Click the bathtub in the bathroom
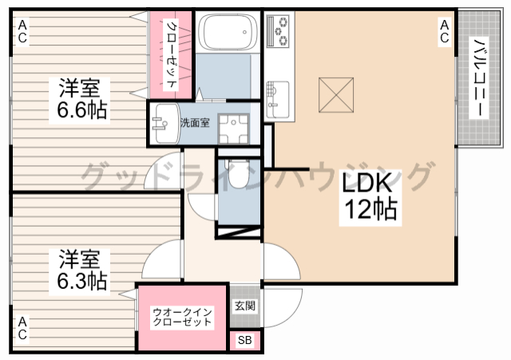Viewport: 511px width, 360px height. (228, 32)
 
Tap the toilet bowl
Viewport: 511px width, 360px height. (238, 173)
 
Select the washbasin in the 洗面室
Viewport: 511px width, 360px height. (167, 123)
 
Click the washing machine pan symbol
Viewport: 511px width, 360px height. (233, 129)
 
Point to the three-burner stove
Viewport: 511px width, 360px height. (278, 30)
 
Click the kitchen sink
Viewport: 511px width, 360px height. (277, 99)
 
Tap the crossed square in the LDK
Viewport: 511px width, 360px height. (336, 95)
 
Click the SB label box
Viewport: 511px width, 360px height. (245, 341)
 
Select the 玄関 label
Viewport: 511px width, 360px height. (245, 306)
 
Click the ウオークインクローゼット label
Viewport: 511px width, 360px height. (182, 317)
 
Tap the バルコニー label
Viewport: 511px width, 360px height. (477, 78)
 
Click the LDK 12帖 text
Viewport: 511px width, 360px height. (370, 196)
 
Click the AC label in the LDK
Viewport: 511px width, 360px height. (444, 31)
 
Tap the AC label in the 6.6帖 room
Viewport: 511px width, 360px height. (22, 31)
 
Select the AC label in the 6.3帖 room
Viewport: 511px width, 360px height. (22, 328)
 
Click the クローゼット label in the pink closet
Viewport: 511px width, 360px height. (172, 55)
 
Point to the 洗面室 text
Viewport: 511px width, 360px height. (195, 123)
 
